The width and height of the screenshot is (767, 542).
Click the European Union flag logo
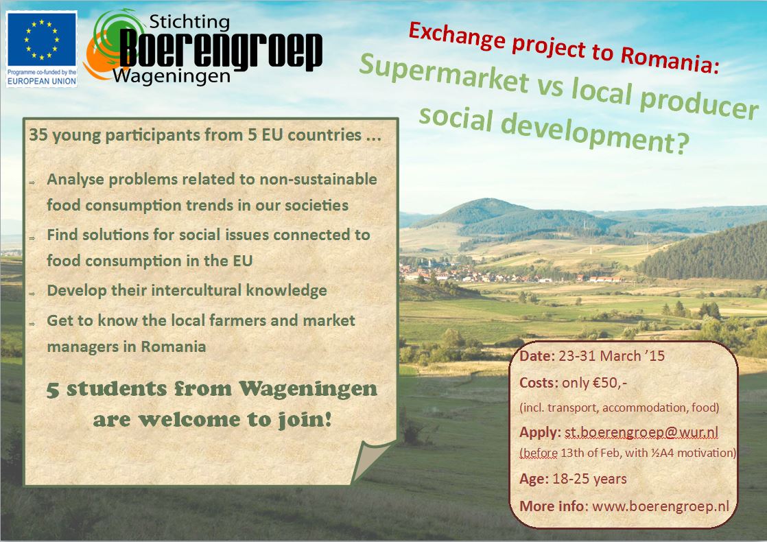point(42,40)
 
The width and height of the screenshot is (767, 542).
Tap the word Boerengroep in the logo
point(221,49)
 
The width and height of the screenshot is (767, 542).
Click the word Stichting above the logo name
point(189,21)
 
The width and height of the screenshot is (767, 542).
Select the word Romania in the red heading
point(670,60)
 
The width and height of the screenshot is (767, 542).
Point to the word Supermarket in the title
point(444,73)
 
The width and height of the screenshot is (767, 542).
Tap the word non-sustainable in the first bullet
point(318,180)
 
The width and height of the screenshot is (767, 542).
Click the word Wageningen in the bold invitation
point(308,389)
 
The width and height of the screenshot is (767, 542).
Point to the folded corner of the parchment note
point(373,460)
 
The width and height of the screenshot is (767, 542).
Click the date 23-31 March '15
point(611,355)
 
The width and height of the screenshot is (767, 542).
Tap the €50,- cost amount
point(609,382)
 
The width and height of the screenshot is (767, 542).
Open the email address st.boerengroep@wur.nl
point(641,432)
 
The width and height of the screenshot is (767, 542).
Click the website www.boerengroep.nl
point(661,506)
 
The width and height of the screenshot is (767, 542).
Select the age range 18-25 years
point(589,479)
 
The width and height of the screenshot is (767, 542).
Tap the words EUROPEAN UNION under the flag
point(42,81)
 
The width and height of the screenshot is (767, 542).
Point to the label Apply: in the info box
point(540,432)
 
